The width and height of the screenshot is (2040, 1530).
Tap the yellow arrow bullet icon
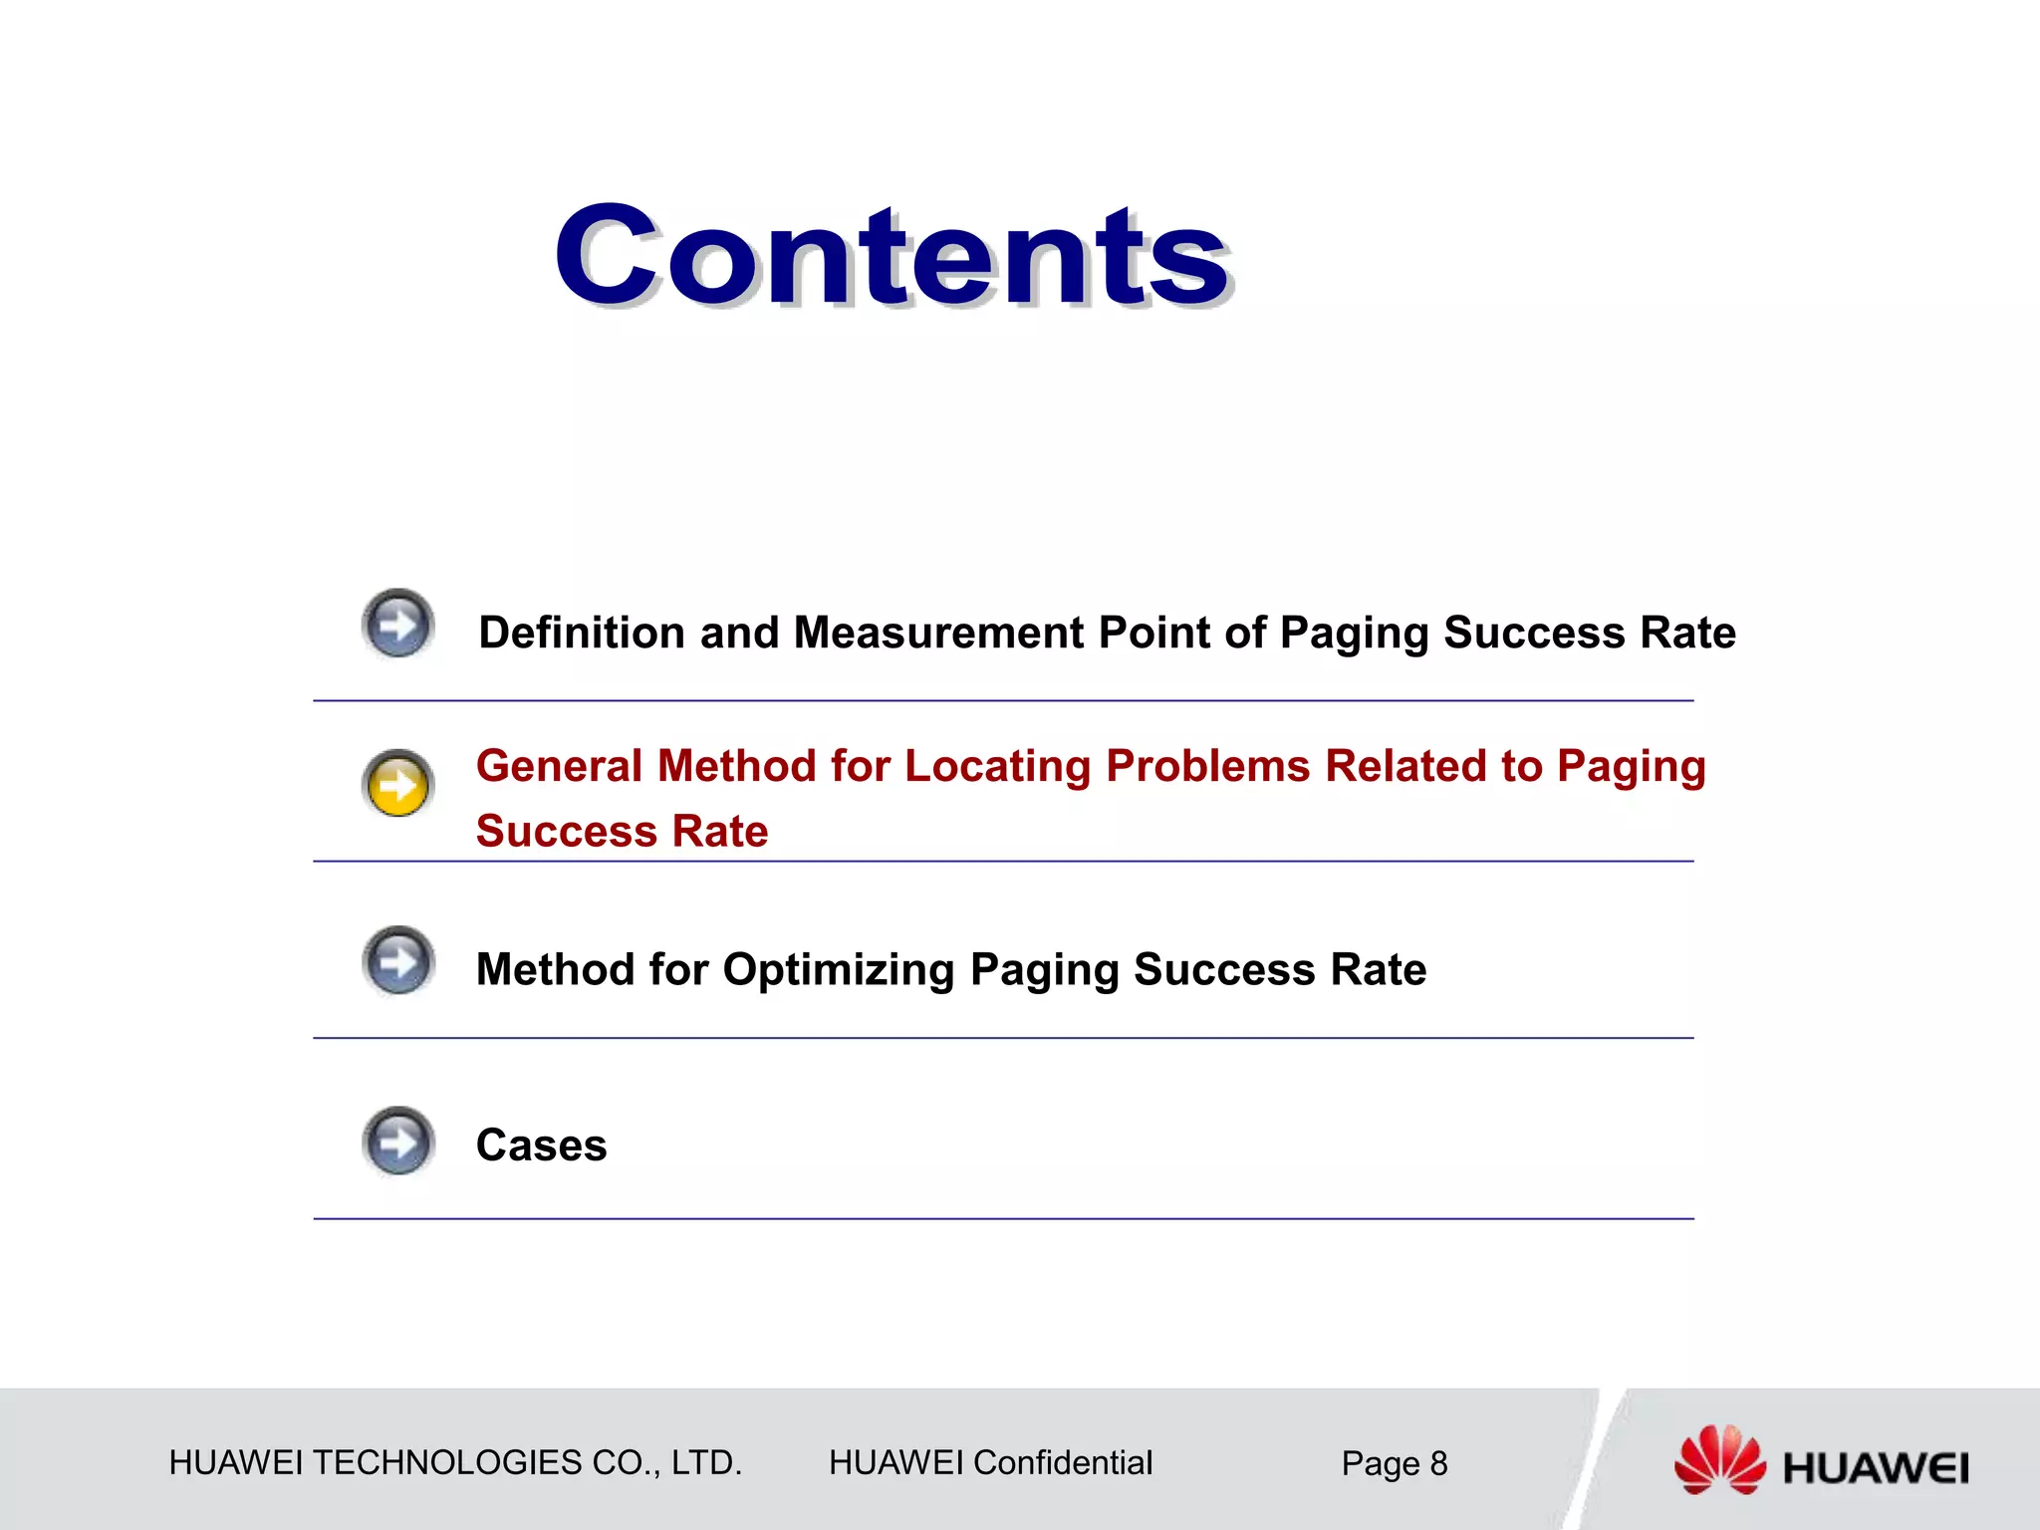[397, 784]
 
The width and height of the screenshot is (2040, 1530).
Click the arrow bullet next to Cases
[397, 1141]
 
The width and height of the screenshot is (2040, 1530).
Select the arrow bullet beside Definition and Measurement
[397, 625]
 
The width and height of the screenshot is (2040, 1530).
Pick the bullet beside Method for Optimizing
[397, 962]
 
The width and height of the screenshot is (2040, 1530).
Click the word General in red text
[559, 766]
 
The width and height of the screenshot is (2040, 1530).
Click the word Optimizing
[839, 970]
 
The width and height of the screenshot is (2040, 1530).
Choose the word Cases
[541, 1146]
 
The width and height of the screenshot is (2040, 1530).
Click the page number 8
[1438, 1463]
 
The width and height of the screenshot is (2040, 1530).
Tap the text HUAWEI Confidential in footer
[990, 1463]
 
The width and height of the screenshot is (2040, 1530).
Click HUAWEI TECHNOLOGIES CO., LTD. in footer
[455, 1463]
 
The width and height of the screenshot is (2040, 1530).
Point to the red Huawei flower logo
[1718, 1460]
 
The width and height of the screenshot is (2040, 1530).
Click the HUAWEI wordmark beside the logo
[1875, 1468]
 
